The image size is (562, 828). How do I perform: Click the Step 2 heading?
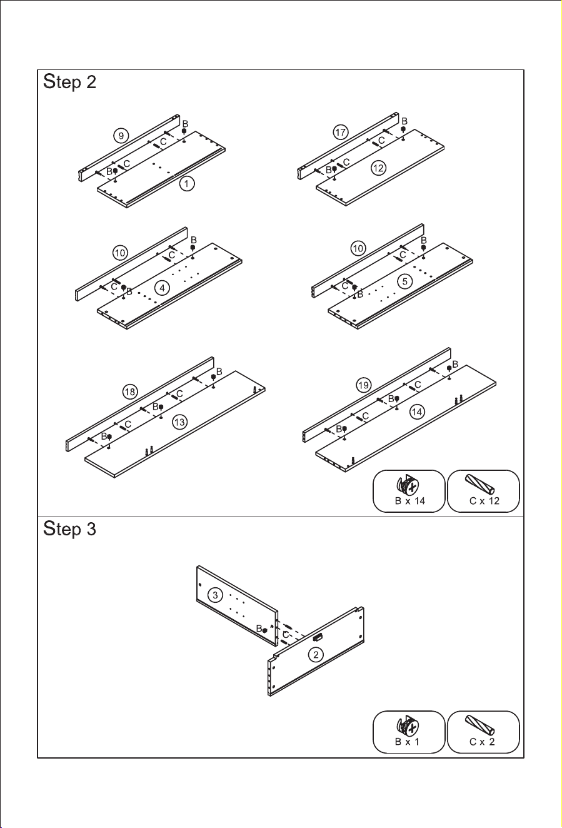coord(69,82)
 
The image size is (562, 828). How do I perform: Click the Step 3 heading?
coord(69,529)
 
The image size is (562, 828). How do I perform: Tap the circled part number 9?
coord(121,136)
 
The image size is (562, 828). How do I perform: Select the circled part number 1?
coord(187,183)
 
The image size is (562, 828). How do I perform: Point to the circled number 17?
coord(341,132)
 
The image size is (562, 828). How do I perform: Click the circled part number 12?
coord(378,168)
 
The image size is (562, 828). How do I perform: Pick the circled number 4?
coord(162,288)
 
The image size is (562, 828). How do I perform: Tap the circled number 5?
coord(405,281)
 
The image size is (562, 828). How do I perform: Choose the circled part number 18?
coord(130,392)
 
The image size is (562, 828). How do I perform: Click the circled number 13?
coord(180,422)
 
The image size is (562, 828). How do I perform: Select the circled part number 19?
coord(364,385)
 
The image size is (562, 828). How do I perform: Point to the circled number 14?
coord(417,411)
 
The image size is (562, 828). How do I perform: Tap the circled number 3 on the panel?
coord(215,595)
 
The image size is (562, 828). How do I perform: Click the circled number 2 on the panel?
coord(316,655)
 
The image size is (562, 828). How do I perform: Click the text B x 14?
coord(409,501)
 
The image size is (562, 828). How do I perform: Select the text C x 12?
coord(484,501)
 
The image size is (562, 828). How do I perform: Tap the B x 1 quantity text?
coord(407,742)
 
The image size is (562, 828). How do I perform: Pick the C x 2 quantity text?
coord(482,742)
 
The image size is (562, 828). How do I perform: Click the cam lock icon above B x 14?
coord(408,485)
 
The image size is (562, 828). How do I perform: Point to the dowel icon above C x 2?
coord(479,725)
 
